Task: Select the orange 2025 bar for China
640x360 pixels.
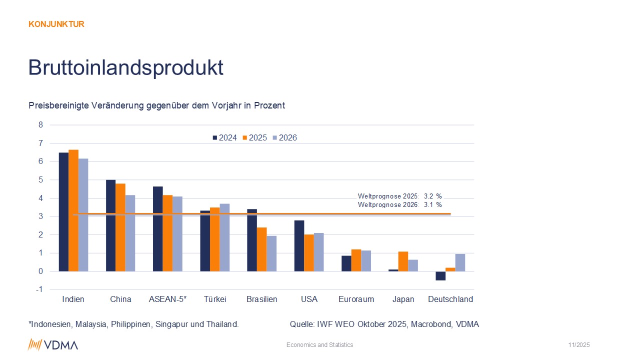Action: (120, 227)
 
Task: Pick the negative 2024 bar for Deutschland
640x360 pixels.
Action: (440, 275)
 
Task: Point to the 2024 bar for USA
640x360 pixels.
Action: (299, 245)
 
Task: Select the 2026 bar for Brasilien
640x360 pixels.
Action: (271, 253)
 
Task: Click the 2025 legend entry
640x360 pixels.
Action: (255, 137)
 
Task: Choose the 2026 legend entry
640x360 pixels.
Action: (285, 137)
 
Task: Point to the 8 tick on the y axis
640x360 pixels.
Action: (41, 125)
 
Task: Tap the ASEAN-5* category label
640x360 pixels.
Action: (167, 299)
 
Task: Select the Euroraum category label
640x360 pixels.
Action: (356, 299)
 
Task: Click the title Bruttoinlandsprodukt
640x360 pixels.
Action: (125, 67)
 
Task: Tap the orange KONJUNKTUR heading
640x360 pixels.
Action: (56, 24)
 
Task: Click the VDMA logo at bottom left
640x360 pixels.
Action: (53, 344)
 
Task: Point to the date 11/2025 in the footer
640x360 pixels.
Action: (579, 345)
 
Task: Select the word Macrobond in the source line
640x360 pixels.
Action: (429, 324)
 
